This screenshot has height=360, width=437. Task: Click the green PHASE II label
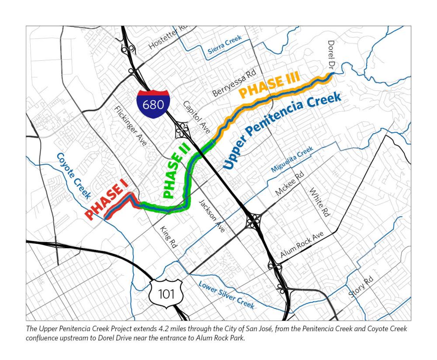pos(173,173)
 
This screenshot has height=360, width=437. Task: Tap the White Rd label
pos(319,203)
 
